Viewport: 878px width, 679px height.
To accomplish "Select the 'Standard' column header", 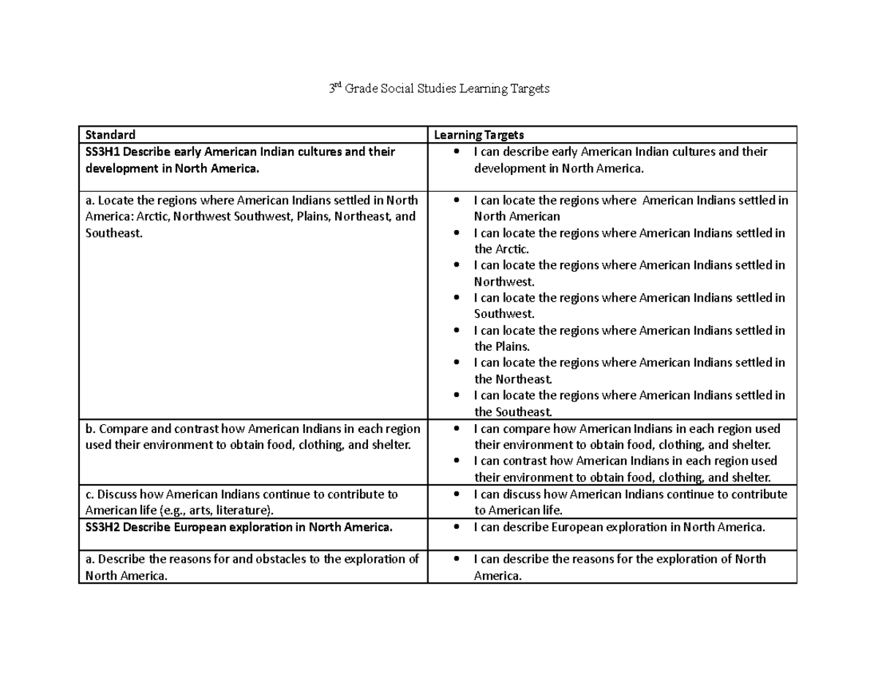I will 110,135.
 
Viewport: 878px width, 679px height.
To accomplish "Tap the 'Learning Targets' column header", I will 479,135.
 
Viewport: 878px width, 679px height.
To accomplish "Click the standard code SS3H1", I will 103,152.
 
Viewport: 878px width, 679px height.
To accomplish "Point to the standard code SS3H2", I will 103,527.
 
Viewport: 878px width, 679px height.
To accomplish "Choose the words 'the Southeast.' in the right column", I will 512,412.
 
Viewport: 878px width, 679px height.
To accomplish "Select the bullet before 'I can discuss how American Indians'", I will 457,494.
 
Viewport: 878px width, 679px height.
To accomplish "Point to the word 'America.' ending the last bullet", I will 498,576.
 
